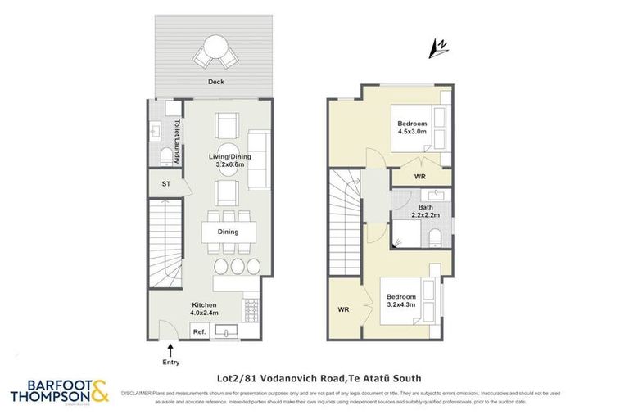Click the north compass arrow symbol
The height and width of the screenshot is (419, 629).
click(x=438, y=50)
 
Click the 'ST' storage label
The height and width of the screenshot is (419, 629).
click(x=165, y=185)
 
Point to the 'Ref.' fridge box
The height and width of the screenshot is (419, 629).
click(x=198, y=331)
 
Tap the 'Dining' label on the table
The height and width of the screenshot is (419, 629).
click(x=228, y=232)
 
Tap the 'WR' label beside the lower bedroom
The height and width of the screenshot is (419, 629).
click(x=344, y=310)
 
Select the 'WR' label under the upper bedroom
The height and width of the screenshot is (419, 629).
click(x=419, y=177)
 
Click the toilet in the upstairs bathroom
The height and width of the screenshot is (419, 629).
click(x=436, y=237)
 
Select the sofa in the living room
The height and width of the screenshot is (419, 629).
click(x=260, y=159)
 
